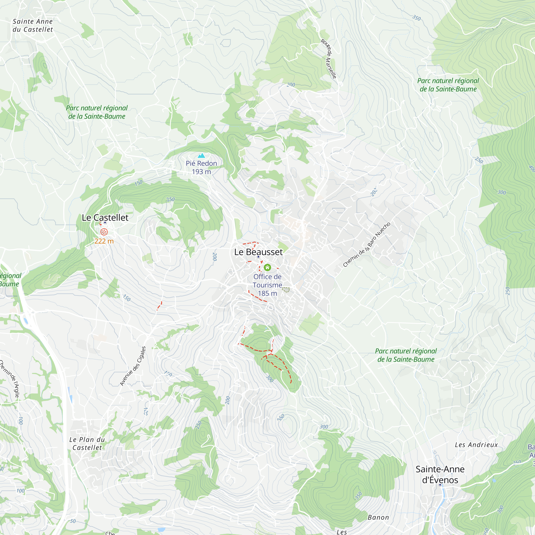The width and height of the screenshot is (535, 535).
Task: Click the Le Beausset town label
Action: tap(258, 252)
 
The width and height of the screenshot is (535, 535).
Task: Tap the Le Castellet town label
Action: tap(105, 218)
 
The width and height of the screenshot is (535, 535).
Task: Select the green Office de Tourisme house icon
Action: tap(267, 267)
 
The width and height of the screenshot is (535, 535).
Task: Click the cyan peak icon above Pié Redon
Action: tap(201, 156)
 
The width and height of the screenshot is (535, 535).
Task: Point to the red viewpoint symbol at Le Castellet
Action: tap(104, 232)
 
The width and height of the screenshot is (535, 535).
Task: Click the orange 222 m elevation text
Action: tap(104, 241)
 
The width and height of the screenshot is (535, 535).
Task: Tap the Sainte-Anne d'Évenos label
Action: tap(440, 474)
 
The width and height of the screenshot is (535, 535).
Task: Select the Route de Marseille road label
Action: tap(329, 59)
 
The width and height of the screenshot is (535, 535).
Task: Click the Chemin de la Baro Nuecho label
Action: tap(367, 245)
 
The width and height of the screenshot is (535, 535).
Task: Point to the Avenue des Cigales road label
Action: tap(133, 366)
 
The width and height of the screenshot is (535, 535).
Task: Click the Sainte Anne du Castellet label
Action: tap(33, 25)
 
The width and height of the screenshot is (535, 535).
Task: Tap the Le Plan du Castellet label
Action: tap(87, 443)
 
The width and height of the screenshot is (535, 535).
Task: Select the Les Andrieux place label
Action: tap(476, 445)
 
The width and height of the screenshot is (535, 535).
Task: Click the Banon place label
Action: tap(378, 518)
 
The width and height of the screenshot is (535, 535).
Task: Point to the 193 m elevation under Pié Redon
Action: tap(201, 172)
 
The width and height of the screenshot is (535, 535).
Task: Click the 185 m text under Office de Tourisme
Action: tap(267, 293)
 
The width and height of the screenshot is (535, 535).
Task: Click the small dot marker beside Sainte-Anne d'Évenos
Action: tap(440, 485)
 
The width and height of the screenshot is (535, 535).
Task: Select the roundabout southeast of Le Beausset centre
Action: tap(331, 323)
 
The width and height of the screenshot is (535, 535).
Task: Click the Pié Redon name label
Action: tap(201, 164)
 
